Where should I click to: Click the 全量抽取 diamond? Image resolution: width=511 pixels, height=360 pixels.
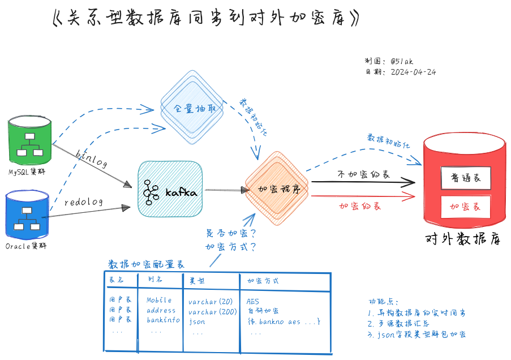[x=194, y=108]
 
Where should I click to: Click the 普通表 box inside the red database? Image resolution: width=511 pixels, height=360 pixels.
[x=465, y=178]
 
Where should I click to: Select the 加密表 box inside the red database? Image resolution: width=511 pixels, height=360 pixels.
[x=465, y=207]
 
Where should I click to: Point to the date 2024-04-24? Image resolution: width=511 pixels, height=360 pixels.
[x=413, y=72]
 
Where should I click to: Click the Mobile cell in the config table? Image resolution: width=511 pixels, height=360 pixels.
[x=159, y=300]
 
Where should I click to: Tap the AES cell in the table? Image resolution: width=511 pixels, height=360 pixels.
[x=253, y=301]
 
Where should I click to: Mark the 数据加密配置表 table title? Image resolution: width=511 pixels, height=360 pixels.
[x=146, y=264]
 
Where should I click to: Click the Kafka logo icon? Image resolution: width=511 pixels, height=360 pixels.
[x=151, y=192]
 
